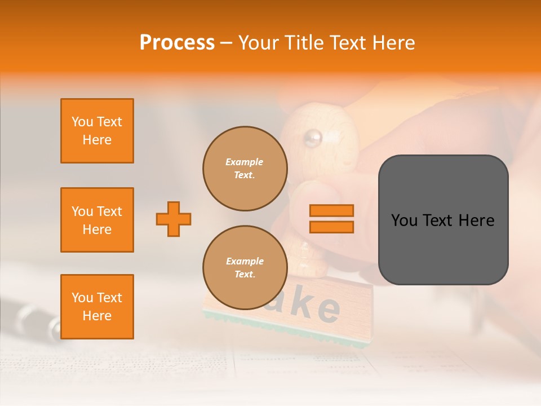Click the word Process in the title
(177, 43)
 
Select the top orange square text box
(97, 131)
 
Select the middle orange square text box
(97, 220)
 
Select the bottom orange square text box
(97, 307)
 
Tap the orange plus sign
(174, 219)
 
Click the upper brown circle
(245, 169)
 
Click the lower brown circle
(245, 268)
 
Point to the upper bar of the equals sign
(331, 211)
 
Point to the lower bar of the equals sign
(331, 227)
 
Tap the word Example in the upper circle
(245, 162)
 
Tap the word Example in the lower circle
(245, 261)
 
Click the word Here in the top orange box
(97, 140)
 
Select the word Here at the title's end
(393, 43)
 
